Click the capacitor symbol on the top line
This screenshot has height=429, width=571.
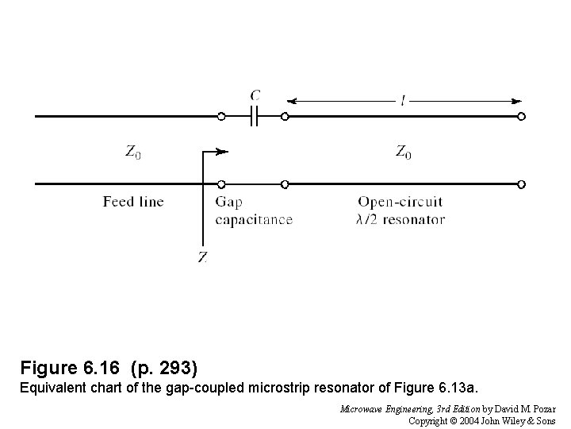(x=253, y=116)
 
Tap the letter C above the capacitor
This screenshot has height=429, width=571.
(x=255, y=95)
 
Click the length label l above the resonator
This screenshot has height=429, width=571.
(x=404, y=101)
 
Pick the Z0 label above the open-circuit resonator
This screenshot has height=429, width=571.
(x=404, y=152)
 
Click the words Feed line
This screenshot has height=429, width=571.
(x=133, y=202)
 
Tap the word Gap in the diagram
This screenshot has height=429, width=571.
(x=228, y=203)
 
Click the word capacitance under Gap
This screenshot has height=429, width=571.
(x=254, y=220)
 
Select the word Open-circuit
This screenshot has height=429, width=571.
(x=400, y=203)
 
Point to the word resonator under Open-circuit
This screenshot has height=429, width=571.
(x=414, y=220)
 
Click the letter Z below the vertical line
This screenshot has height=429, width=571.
(x=203, y=257)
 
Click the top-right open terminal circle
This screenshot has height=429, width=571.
(x=521, y=116)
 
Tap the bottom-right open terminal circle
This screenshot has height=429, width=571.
(x=521, y=184)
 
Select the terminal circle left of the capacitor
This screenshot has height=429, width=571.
(x=221, y=116)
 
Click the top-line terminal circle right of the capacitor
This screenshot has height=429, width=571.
(x=285, y=116)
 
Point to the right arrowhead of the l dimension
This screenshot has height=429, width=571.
(x=517, y=101)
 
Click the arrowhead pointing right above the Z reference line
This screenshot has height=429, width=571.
(x=224, y=151)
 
